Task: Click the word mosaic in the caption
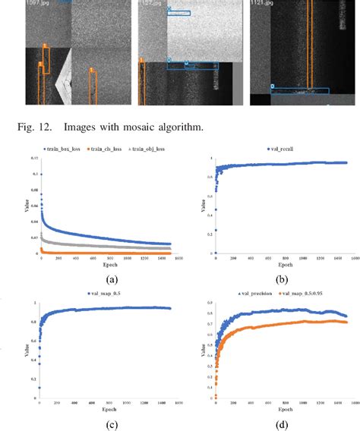129,126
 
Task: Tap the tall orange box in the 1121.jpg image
310,47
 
